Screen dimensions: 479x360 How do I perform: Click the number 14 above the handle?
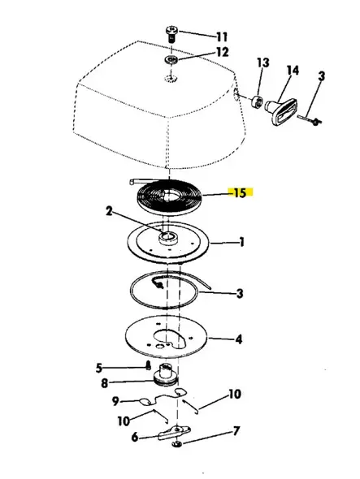(x=293, y=71)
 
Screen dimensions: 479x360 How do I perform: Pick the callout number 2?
(x=109, y=213)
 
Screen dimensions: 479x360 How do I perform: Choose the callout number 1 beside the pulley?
(x=241, y=242)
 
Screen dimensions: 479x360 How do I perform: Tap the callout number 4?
(x=238, y=339)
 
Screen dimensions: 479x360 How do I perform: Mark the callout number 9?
(x=116, y=400)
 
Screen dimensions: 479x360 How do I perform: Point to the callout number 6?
(x=133, y=437)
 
